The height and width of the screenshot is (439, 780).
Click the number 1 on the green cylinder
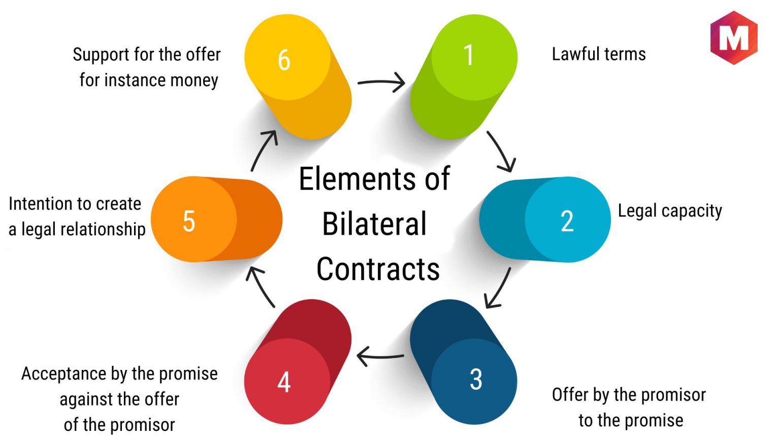(x=469, y=55)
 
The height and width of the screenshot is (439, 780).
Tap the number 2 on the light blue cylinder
(x=567, y=221)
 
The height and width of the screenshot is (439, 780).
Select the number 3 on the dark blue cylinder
(x=476, y=379)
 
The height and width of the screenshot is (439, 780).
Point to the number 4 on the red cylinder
(x=284, y=382)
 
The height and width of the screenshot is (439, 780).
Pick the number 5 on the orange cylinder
(x=189, y=221)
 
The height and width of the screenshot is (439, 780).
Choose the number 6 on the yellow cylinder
(x=284, y=59)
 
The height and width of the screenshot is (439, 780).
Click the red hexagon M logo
(x=734, y=37)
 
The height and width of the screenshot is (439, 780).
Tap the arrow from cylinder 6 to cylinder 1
(x=382, y=82)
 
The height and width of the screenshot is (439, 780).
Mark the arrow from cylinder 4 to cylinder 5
(x=260, y=287)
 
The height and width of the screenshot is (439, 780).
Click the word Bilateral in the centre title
(x=374, y=224)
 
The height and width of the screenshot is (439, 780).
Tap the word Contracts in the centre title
(x=378, y=269)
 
